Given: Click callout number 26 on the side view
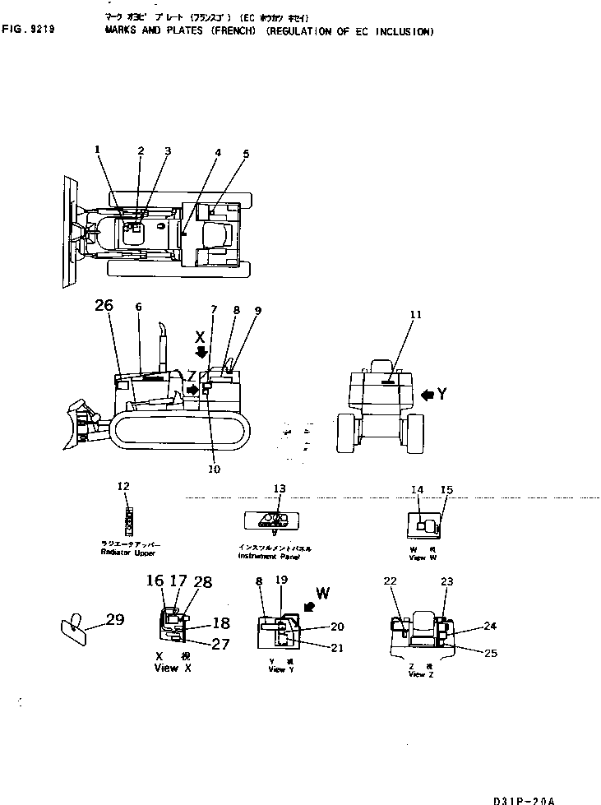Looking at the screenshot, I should pyautogui.click(x=104, y=307).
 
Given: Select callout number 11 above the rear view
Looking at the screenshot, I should pyautogui.click(x=416, y=314).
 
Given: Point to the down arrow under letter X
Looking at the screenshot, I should pyautogui.click(x=201, y=353).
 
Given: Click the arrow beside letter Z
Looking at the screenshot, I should pyautogui.click(x=192, y=390).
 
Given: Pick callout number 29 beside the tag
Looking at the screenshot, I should pyautogui.click(x=114, y=619).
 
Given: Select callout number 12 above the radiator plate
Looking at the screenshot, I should pyautogui.click(x=123, y=486).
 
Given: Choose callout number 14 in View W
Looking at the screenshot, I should pyautogui.click(x=417, y=490).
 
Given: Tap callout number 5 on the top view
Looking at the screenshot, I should pyautogui.click(x=246, y=153).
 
